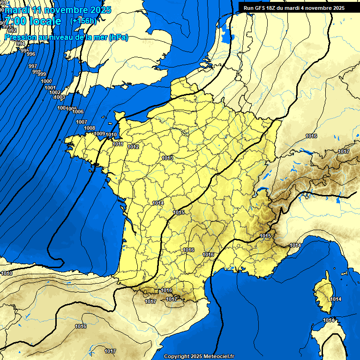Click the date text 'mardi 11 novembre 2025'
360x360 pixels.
coord(58,10)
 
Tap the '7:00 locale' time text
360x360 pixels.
coord(33,21)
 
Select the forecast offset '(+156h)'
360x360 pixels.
coord(83,21)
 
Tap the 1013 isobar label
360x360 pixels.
coord(167,158)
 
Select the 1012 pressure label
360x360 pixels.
coord(133,147)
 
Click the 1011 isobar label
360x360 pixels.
coord(118,144)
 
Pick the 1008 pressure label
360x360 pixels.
coord(90,128)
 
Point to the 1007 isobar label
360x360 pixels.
coord(82,122)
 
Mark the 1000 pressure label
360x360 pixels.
coord(46,82)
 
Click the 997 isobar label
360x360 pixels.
coord(33,66)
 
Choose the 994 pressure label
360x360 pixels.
coord(21,44)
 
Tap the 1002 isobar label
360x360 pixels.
coord(54,92)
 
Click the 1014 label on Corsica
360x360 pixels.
coord(336,299)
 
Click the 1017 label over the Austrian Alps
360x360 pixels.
coord(344,151)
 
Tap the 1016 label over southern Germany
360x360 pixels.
coord(311,136)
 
